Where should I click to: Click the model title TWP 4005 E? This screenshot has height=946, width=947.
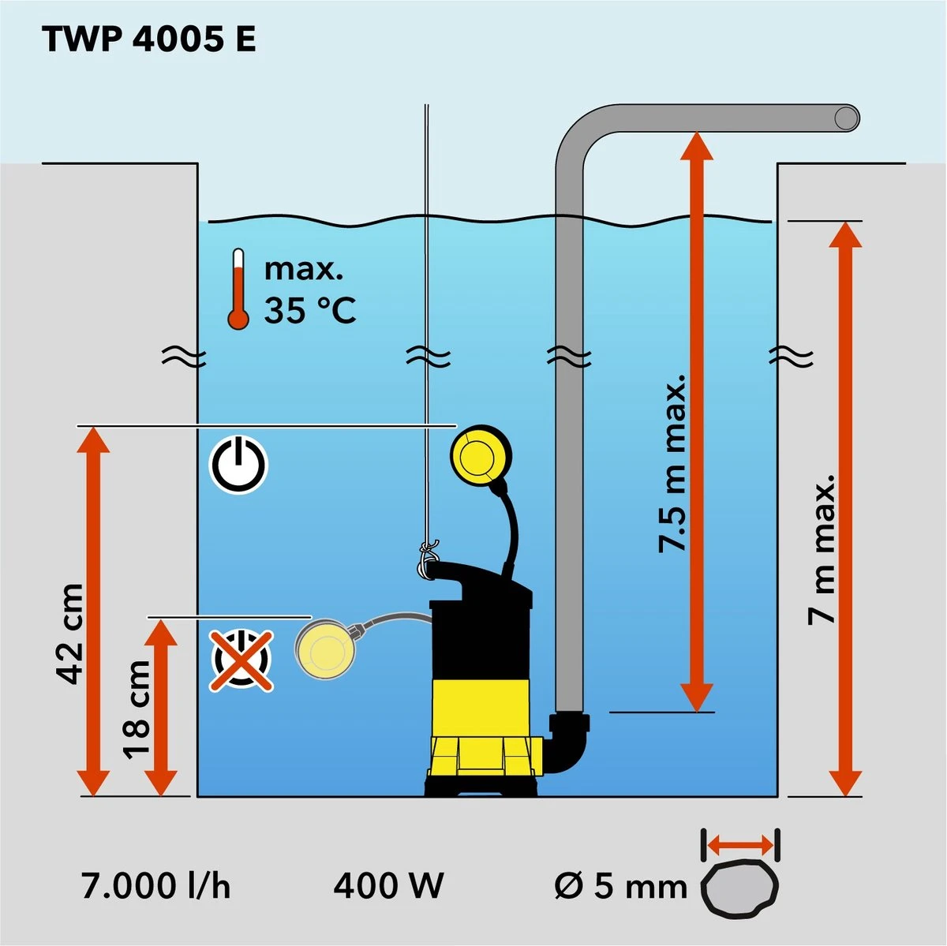[x=149, y=39]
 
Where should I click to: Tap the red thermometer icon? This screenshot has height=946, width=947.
[x=238, y=289]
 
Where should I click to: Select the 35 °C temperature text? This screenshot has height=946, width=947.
[x=310, y=310]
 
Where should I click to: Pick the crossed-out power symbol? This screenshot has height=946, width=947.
[x=241, y=661]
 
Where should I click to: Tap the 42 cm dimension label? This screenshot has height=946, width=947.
[x=69, y=634]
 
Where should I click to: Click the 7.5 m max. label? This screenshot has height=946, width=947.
[x=672, y=463]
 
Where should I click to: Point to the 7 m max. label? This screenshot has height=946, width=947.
[x=821, y=550]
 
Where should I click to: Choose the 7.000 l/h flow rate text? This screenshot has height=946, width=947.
[x=155, y=885]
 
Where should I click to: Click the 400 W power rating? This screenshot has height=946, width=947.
[x=388, y=885]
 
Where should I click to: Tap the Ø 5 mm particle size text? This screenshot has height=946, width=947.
[x=620, y=886]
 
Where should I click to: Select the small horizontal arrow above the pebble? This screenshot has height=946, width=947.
[x=740, y=845]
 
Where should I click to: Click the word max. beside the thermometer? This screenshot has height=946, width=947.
[x=304, y=269]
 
